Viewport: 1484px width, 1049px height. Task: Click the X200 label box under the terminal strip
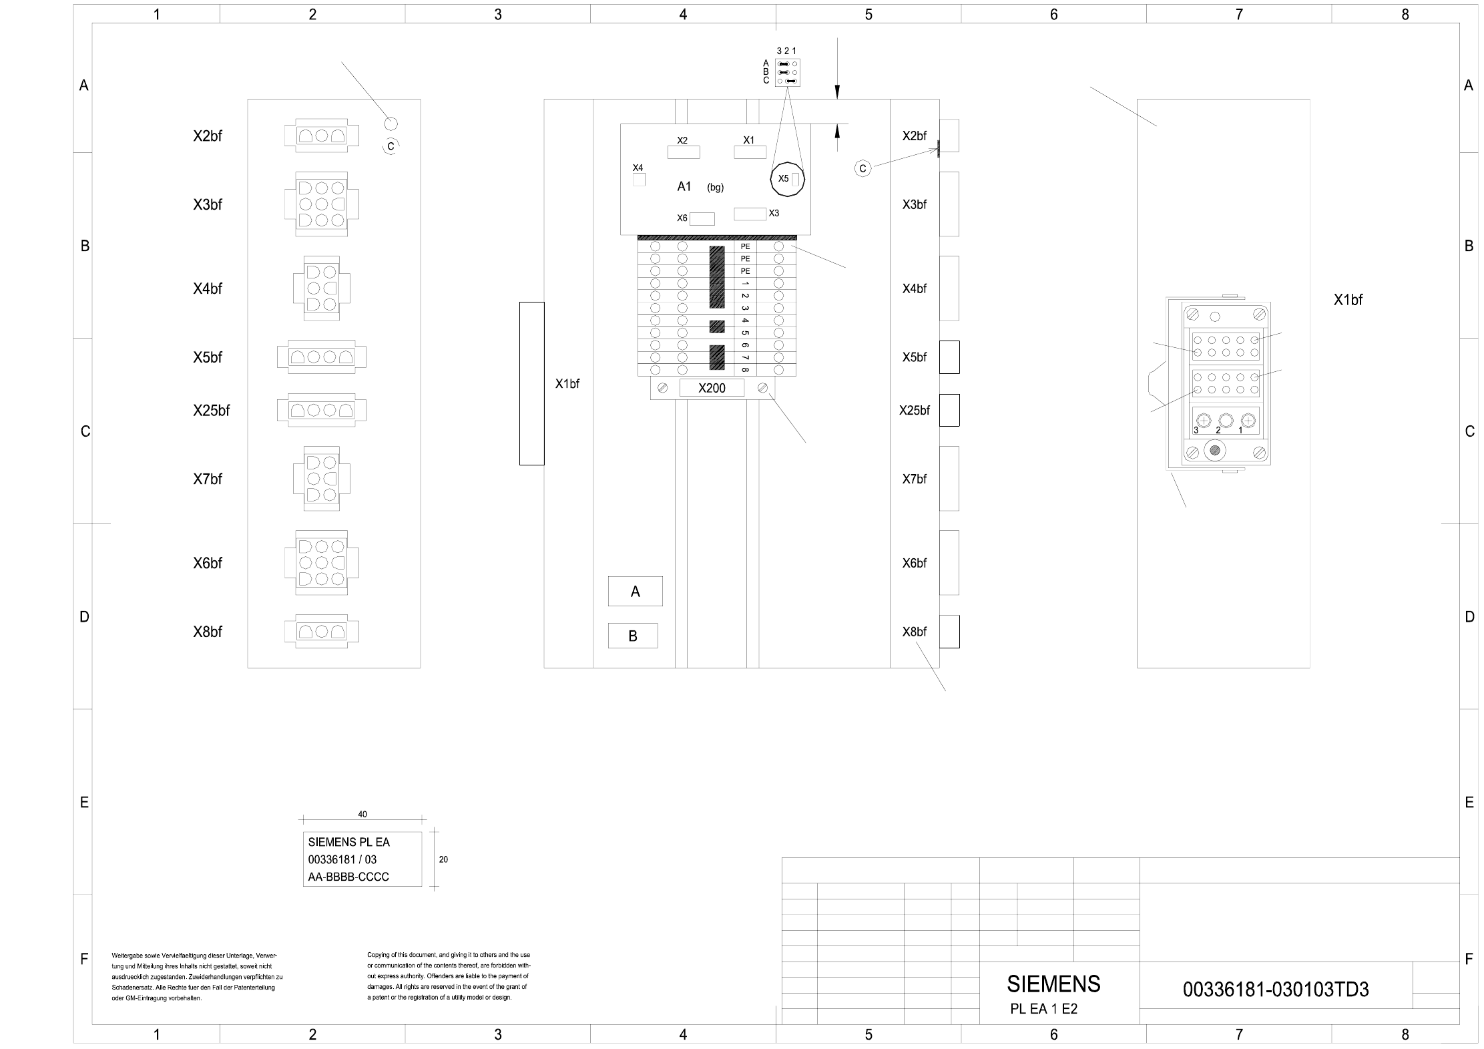(x=712, y=388)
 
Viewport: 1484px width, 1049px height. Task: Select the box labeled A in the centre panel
(x=635, y=591)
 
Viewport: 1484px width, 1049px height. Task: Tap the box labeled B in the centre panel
(x=633, y=636)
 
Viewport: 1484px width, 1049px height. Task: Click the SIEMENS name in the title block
(x=1053, y=984)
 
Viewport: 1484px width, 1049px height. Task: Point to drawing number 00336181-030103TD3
(x=1276, y=989)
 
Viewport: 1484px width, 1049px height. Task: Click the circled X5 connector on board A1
(x=788, y=179)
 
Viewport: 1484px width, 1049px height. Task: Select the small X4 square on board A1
(x=639, y=180)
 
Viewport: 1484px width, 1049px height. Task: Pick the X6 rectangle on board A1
(x=702, y=218)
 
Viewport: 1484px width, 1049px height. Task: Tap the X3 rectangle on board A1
(x=750, y=214)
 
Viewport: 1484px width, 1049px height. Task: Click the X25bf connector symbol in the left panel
(x=322, y=410)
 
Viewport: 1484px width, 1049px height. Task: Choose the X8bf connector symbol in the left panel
(x=322, y=631)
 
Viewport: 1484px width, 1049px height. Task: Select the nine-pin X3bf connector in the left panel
(x=322, y=204)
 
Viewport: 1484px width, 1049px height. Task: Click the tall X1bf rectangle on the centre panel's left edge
(x=532, y=383)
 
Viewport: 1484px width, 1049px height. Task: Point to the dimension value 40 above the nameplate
(x=362, y=814)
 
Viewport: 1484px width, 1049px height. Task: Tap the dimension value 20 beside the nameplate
(x=443, y=859)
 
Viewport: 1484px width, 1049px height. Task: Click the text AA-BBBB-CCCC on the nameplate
(x=348, y=877)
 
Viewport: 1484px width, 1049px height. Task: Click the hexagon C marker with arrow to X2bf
(x=862, y=168)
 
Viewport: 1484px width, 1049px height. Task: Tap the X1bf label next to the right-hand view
(x=1348, y=300)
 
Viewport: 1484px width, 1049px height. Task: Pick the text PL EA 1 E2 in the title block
(x=1044, y=1009)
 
